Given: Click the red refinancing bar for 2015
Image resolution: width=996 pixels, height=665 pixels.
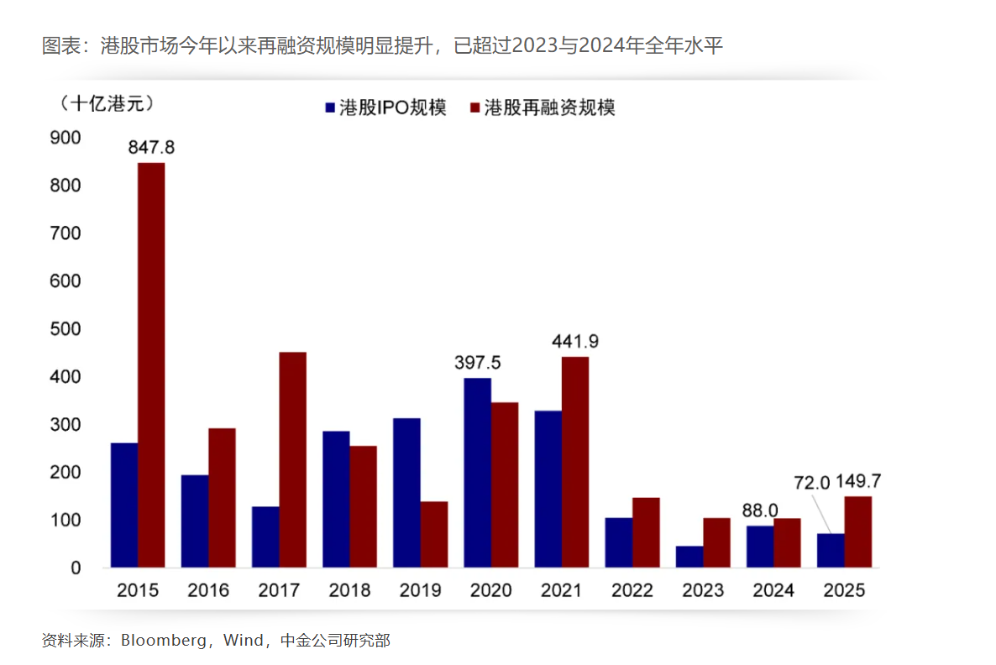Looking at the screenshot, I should coord(151,365).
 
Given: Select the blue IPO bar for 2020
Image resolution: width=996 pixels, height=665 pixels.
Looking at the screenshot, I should coord(477,473).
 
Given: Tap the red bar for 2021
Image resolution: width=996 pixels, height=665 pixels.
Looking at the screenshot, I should coord(575,462).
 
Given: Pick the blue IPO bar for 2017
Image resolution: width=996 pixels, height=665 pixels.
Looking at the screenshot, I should coord(265,537).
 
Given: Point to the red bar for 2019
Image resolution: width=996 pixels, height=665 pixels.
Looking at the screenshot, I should coord(434,534).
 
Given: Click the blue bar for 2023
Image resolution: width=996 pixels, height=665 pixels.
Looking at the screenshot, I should coord(689,557).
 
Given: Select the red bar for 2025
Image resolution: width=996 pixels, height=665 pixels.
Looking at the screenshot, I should coord(857,531).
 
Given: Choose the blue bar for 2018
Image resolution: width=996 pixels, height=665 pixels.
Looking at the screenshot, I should coord(336,500).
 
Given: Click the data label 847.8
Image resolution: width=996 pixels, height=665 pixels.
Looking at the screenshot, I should coord(151,148).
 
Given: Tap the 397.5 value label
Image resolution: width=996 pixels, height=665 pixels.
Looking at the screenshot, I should coord(477,362).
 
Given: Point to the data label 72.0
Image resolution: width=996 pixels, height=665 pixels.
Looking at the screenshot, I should coord(812,483).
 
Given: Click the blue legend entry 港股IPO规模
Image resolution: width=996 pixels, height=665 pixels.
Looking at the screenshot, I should coord(385,107).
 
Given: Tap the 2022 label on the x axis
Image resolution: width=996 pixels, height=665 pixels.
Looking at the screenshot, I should coord(632,590).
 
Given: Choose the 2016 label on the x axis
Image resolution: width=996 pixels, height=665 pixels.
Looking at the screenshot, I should coord(207,590).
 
